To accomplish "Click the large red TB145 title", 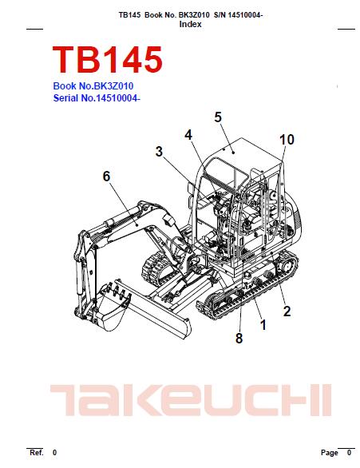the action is pos(108,59).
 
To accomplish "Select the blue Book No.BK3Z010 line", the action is pos(93,86).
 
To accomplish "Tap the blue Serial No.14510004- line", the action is pos(97,98).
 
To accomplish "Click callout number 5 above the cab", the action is pos(218,117).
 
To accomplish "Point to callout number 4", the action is pos(188,135).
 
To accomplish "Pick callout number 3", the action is pos(160,151).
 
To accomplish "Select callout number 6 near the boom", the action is pos(106,176).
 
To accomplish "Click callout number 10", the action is pos(287,140).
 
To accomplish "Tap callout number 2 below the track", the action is pos(287,311).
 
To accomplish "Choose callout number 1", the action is pos(263,325).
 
